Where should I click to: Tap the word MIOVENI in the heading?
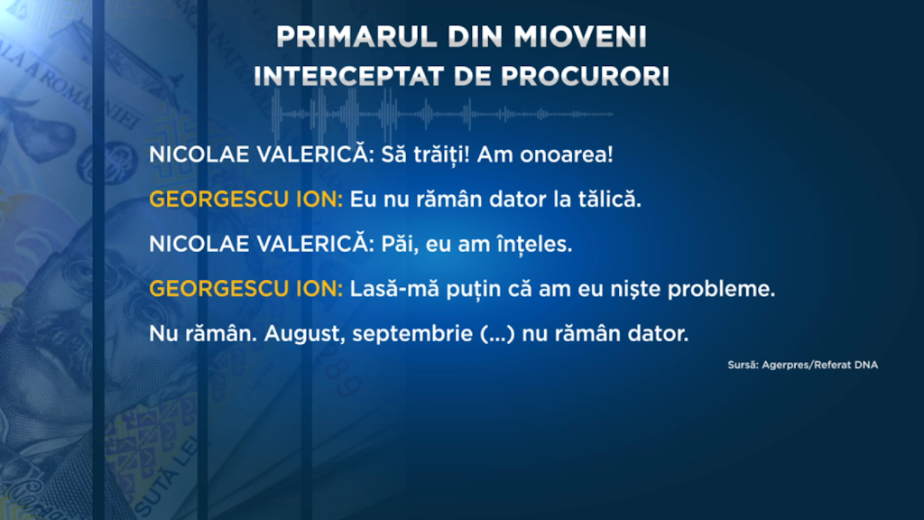tap(580, 36)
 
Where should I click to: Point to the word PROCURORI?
tap(585, 76)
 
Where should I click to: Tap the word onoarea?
tap(567, 154)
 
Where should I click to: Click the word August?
tap(305, 334)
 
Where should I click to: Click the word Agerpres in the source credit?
tap(786, 365)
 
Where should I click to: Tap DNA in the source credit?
tap(866, 365)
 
